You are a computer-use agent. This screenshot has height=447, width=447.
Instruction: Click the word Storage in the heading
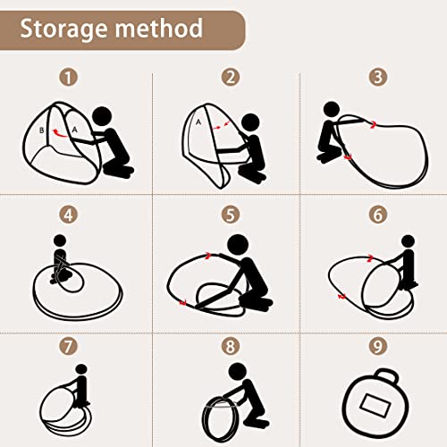coord(64,30)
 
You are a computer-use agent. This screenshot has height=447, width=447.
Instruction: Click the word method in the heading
coord(159,28)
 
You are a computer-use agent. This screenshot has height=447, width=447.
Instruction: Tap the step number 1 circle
coord(68,78)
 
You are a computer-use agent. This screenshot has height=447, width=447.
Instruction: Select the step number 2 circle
coord(231,77)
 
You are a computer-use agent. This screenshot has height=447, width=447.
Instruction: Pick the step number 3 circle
coord(378,77)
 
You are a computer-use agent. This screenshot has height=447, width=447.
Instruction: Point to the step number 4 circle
coord(68,215)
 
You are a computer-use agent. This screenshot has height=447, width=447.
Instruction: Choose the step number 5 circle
coord(231,215)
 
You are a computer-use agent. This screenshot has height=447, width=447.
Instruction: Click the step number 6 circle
coord(378,215)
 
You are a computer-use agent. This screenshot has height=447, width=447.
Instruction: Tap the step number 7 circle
coord(68,346)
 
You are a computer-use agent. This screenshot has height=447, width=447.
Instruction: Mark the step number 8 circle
coord(231,346)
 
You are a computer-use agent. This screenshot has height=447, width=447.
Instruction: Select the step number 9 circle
coord(378,346)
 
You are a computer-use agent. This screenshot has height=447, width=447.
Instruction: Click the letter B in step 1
coord(42,131)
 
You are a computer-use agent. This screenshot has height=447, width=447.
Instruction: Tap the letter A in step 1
coord(74,130)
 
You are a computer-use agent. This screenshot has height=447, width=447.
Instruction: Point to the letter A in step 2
coord(198,122)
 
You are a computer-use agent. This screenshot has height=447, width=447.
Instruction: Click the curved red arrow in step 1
coord(60,134)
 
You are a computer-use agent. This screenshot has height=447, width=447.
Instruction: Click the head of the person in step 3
coord(332,111)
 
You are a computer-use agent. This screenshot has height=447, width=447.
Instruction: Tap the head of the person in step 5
coord(238,245)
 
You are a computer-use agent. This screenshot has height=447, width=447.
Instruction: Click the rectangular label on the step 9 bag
coord(375,405)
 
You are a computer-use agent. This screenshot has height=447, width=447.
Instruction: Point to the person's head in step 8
coord(238,372)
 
